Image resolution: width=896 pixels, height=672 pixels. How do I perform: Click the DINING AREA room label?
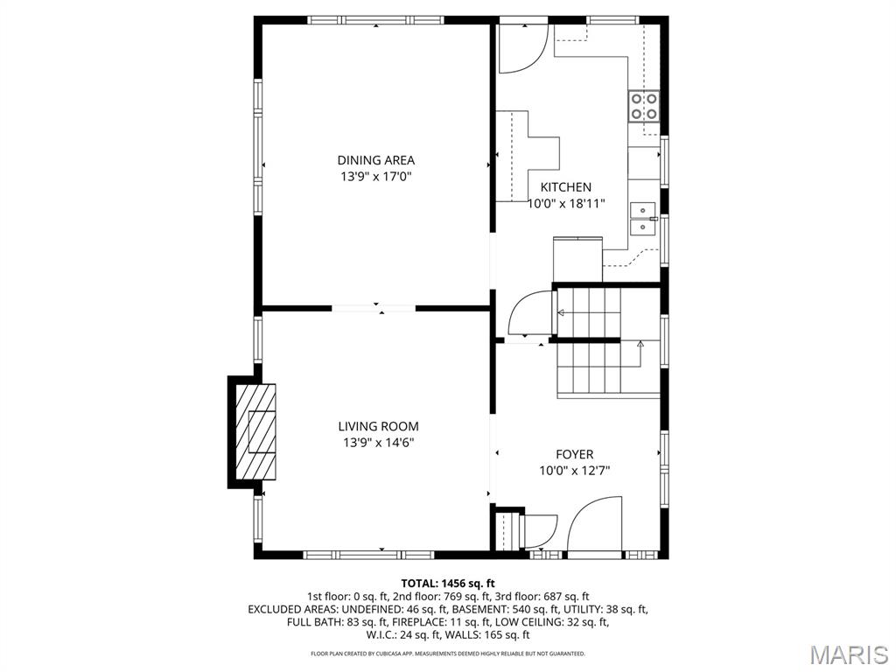375,161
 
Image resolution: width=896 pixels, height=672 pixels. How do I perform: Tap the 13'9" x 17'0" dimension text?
375,177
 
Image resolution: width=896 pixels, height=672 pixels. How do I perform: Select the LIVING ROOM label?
378,426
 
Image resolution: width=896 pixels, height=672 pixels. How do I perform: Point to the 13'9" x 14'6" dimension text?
378,442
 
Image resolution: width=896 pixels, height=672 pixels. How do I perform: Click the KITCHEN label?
566,187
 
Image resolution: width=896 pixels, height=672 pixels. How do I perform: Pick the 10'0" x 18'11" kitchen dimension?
566,203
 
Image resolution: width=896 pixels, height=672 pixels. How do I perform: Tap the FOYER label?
574,454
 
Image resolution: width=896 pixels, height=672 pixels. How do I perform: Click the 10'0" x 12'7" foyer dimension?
574,471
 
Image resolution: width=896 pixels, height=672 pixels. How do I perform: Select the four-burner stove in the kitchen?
643,106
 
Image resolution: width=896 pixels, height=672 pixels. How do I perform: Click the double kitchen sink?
643,219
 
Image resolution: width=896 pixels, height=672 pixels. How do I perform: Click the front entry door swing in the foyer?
595,526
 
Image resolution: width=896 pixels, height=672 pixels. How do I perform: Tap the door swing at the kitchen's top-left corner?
523,49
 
